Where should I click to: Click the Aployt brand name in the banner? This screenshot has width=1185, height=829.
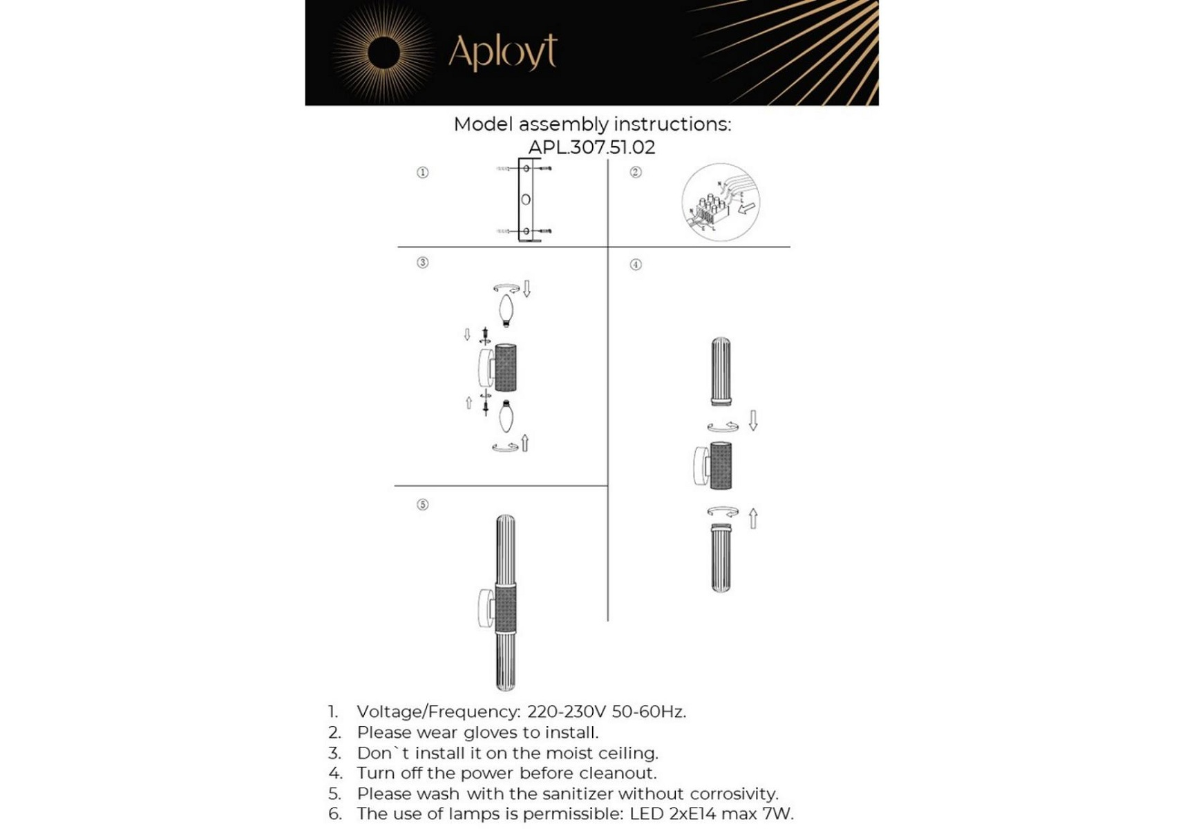click(x=502, y=51)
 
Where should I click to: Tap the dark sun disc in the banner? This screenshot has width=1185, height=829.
click(x=384, y=53)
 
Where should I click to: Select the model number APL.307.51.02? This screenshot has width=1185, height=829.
click(x=591, y=147)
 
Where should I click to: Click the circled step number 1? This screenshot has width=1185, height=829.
click(x=423, y=172)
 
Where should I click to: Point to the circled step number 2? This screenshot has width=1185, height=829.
click(x=636, y=172)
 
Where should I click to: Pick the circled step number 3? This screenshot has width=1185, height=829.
click(x=423, y=263)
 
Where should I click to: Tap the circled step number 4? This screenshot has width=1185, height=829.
click(x=636, y=265)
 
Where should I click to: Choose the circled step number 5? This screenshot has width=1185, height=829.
click(x=423, y=504)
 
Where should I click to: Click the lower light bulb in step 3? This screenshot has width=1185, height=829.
click(x=506, y=416)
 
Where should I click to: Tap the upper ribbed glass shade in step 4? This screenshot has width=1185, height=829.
click(x=721, y=371)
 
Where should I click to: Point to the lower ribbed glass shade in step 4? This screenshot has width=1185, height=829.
click(x=721, y=558)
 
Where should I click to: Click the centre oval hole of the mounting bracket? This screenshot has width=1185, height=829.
click(x=526, y=200)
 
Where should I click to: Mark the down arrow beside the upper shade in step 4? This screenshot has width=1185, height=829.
click(x=753, y=420)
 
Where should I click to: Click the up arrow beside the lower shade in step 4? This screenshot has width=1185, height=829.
click(x=753, y=518)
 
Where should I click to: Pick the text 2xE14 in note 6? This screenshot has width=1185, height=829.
click(x=693, y=814)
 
